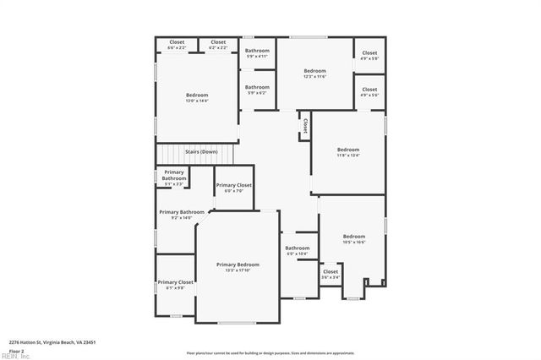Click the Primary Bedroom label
238,265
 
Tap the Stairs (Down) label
201,151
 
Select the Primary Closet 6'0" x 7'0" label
233,185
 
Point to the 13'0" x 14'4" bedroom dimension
196,101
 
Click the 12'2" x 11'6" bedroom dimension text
314,77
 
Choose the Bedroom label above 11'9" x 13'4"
348,150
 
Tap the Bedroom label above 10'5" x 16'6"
353,236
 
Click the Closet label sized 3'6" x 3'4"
331,271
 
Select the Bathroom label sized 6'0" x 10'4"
297,248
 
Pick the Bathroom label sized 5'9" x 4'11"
257,51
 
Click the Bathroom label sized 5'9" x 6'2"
257,86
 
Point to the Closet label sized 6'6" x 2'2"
177,42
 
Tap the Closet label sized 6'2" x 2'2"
218,42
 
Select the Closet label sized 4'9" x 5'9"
369,53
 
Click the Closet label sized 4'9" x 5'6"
369,89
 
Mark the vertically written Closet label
304,125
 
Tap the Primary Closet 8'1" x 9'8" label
175,282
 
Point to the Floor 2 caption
17,351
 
